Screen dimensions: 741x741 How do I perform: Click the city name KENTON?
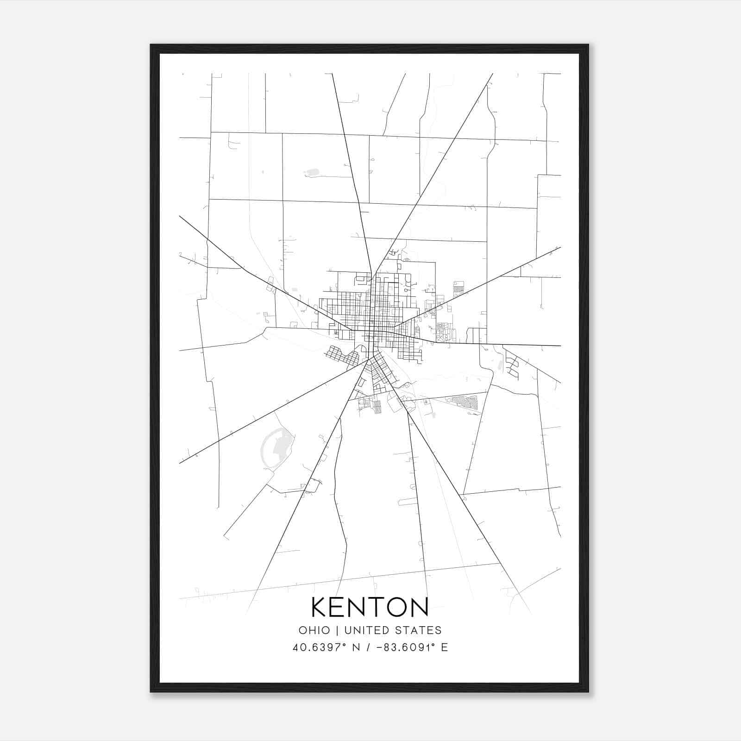[x=370, y=607]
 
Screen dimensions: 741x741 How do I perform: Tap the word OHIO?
[x=314, y=630]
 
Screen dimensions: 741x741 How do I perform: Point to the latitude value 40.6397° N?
[x=327, y=647]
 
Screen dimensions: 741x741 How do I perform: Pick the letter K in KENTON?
[x=320, y=607]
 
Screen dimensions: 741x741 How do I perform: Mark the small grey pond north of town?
[x=313, y=173]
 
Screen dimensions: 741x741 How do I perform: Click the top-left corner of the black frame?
[x=151, y=45]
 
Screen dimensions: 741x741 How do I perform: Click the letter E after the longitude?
[x=445, y=647]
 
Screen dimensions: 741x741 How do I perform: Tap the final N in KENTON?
[x=419, y=607]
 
